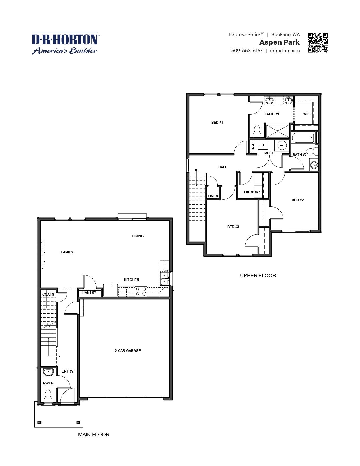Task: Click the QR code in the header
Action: pyautogui.click(x=318, y=43)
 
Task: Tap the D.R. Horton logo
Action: pyautogui.click(x=65, y=43)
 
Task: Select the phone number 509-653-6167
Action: pyautogui.click(x=247, y=51)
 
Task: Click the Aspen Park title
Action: pyautogui.click(x=279, y=42)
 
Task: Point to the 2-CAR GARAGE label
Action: pyautogui.click(x=128, y=350)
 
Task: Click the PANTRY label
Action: pyautogui.click(x=89, y=292)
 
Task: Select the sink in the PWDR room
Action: pyautogui.click(x=48, y=373)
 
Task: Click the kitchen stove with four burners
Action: pyautogui.click(x=141, y=291)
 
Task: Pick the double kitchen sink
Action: pyautogui.click(x=164, y=278)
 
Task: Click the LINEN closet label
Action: pyautogui.click(x=213, y=196)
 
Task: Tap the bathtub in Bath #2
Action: pyautogui.click(x=303, y=138)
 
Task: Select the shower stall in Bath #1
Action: pyautogui.click(x=278, y=131)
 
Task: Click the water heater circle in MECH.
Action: pyautogui.click(x=282, y=145)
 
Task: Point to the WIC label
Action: pyautogui.click(x=306, y=114)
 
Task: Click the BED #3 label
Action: pyautogui.click(x=233, y=227)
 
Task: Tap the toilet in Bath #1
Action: pyautogui.click(x=257, y=131)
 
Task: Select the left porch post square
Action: pyautogui.click(x=40, y=422)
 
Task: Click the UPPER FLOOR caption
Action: pyautogui.click(x=258, y=275)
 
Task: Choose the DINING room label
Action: pyautogui.click(x=138, y=236)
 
